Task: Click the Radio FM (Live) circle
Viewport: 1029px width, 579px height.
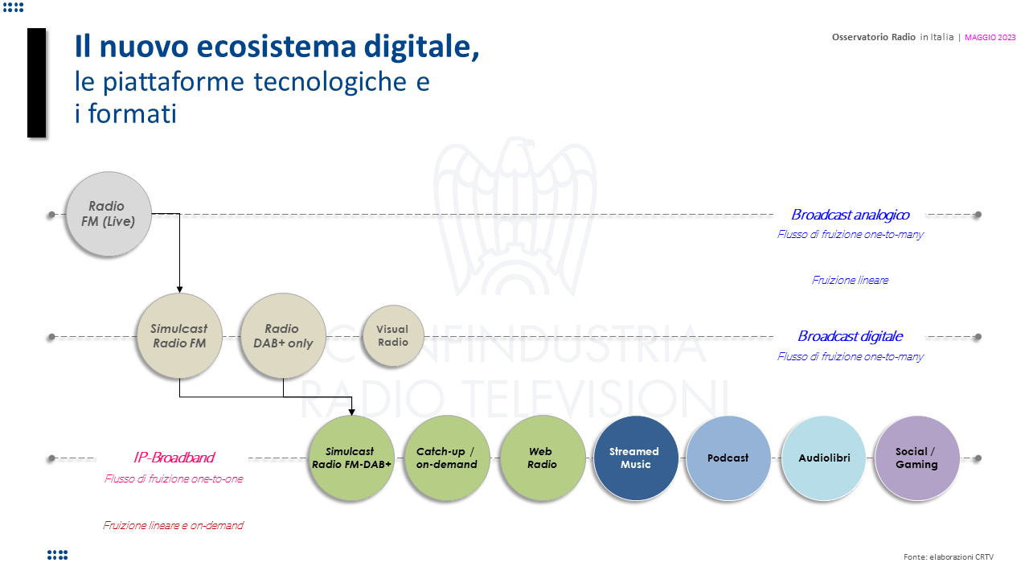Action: coord(109,214)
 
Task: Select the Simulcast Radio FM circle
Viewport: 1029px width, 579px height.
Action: coord(179,336)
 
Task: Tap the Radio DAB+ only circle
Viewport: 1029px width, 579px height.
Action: coord(283,336)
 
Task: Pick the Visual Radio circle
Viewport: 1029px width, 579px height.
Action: coord(393,336)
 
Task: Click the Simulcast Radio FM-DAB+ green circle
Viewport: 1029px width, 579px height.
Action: coord(351,458)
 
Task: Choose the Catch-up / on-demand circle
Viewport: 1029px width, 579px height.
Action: coord(447,458)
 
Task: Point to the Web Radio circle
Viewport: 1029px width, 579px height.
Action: coord(543,458)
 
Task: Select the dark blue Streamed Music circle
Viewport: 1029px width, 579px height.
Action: coord(636,458)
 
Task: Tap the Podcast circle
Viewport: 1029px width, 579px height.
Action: coord(728,458)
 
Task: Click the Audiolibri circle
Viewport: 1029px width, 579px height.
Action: coord(824,458)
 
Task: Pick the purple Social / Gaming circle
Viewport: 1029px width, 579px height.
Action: coord(917,458)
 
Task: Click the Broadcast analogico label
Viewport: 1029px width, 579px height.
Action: coord(851,215)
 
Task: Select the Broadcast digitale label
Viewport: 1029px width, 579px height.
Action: coord(851,336)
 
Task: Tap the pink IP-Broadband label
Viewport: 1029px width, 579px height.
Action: coord(174,458)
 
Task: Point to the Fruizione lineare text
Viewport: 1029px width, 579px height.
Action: coord(851,280)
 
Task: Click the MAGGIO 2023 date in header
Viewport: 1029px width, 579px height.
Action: coord(990,38)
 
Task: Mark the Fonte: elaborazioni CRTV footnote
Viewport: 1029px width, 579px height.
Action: coord(949,557)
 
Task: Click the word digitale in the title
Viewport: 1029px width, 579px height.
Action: coord(422,47)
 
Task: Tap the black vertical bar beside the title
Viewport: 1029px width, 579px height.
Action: coord(37,83)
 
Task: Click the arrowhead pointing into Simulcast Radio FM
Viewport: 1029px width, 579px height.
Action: coord(179,289)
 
